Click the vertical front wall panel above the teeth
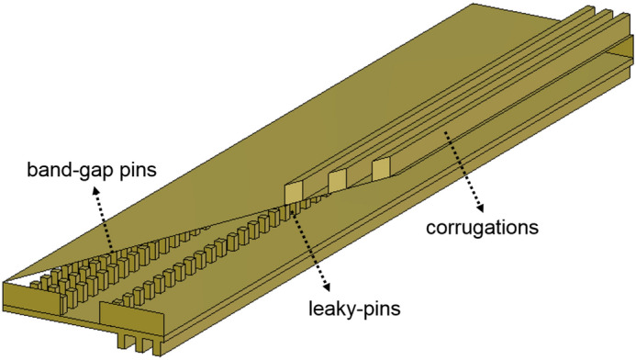[x=138, y=318]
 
